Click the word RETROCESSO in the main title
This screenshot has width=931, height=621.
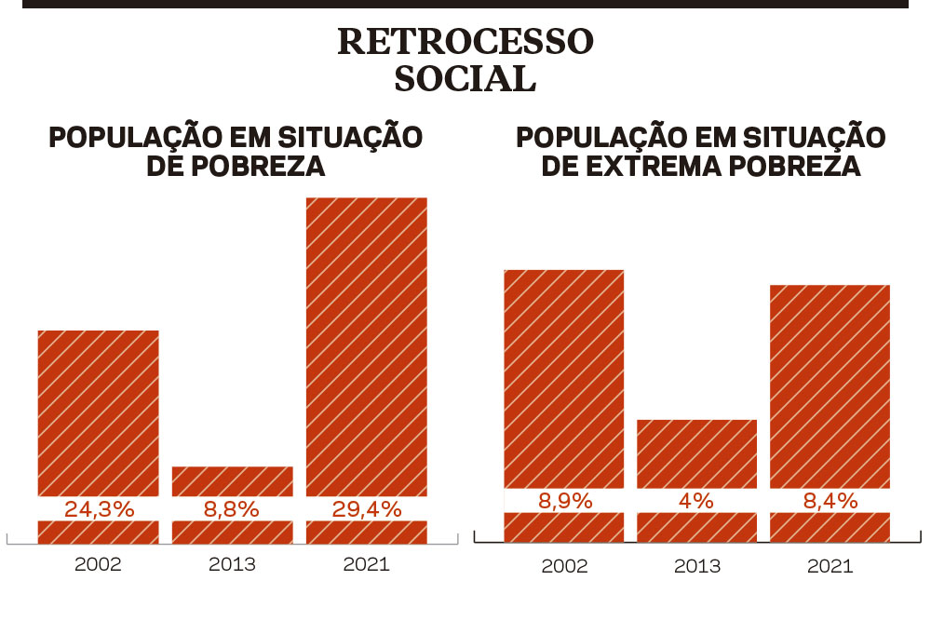click(x=465, y=43)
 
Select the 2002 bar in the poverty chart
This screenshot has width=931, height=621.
click(x=98, y=410)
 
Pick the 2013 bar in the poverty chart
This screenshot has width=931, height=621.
click(x=232, y=480)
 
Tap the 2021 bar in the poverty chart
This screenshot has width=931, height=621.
click(x=366, y=344)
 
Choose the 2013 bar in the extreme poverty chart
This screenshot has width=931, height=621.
click(x=696, y=452)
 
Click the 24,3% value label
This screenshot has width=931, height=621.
click(x=99, y=509)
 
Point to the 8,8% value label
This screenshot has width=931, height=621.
click(x=232, y=509)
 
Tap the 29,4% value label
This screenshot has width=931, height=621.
click(x=366, y=509)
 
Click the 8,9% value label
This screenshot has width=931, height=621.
click(x=564, y=501)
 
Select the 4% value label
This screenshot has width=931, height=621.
click(x=696, y=501)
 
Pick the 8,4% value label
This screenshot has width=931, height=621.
click(x=830, y=501)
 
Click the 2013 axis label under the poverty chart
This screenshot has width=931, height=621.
click(x=232, y=564)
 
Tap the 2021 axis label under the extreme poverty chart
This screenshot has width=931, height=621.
click(x=830, y=565)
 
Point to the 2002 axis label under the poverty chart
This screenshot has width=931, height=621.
click(x=99, y=564)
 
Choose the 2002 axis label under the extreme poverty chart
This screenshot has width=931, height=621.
click(x=564, y=565)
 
